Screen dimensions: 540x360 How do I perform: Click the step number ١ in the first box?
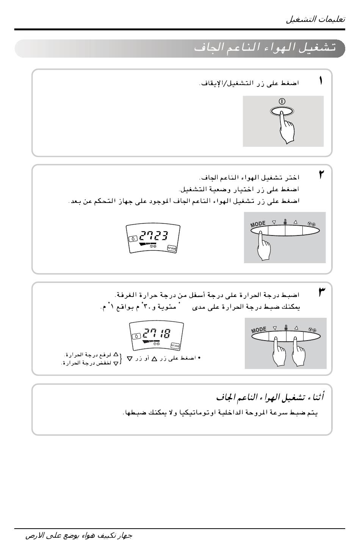tap(321, 81)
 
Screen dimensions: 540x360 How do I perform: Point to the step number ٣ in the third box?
tap(322, 292)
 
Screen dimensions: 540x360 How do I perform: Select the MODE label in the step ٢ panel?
tap(258, 224)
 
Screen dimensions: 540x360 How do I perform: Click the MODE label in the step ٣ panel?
tap(259, 330)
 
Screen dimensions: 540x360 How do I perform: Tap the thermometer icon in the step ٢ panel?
tap(285, 222)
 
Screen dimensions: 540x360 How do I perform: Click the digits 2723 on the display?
tap(153, 236)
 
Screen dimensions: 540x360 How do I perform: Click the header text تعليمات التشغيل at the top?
tap(315, 20)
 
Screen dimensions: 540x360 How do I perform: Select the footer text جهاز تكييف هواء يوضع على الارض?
tap(79, 535)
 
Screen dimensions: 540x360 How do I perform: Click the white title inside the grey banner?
tap(265, 48)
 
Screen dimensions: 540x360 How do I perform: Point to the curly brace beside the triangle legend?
tap(121, 358)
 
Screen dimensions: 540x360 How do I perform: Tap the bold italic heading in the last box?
tap(270, 397)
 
